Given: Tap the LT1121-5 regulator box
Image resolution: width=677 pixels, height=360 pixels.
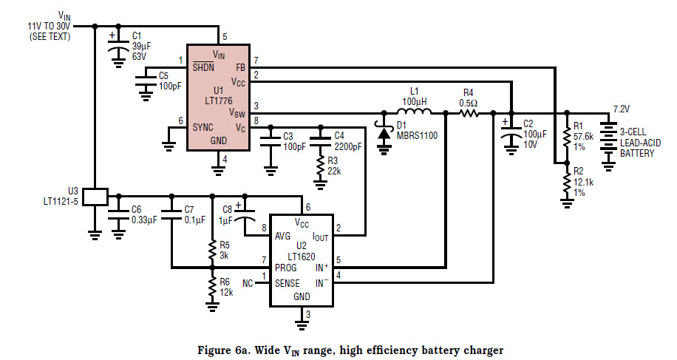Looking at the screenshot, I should coord(95,197).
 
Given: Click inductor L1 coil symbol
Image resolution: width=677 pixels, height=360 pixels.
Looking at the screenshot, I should coord(419,113).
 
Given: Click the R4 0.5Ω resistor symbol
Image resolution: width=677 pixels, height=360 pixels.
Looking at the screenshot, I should coord(469,113).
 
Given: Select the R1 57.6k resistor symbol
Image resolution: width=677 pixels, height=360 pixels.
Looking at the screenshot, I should coord(566,137).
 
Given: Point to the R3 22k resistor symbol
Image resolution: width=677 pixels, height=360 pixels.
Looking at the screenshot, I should coord(320,170).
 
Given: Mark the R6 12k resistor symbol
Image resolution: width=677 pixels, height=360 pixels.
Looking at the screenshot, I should coord(213,287).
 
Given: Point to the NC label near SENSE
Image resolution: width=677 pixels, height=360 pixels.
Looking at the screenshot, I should coord(248,282).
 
